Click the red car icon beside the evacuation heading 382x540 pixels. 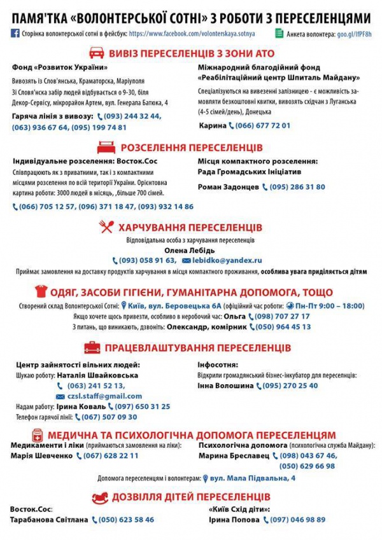[96, 52]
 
